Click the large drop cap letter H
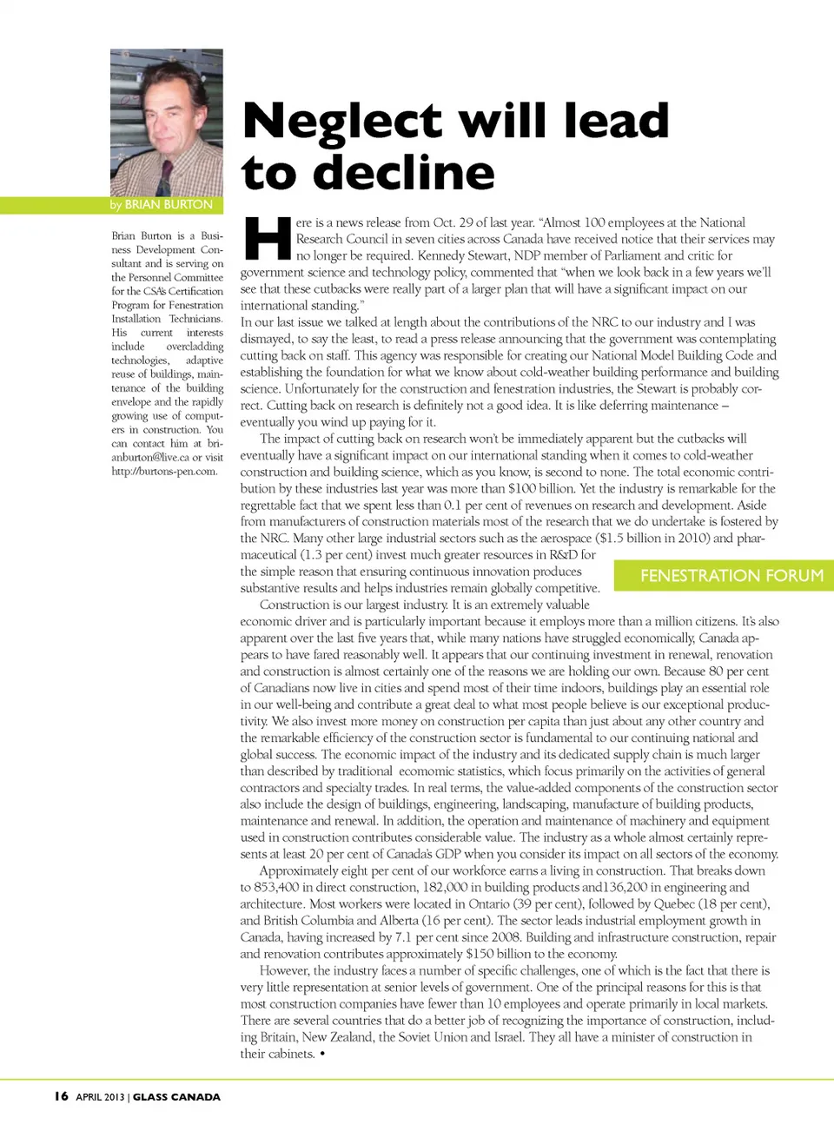coord(267,238)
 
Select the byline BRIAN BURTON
coord(169,205)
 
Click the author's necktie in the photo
coord(164,177)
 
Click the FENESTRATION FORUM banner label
coord(731,575)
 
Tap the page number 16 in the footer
coord(61,1096)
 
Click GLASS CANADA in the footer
coord(176,1097)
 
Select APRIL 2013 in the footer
coord(100,1097)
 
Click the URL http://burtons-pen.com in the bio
coord(164,472)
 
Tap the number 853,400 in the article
coord(279,887)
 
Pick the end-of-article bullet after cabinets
coord(322,1054)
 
